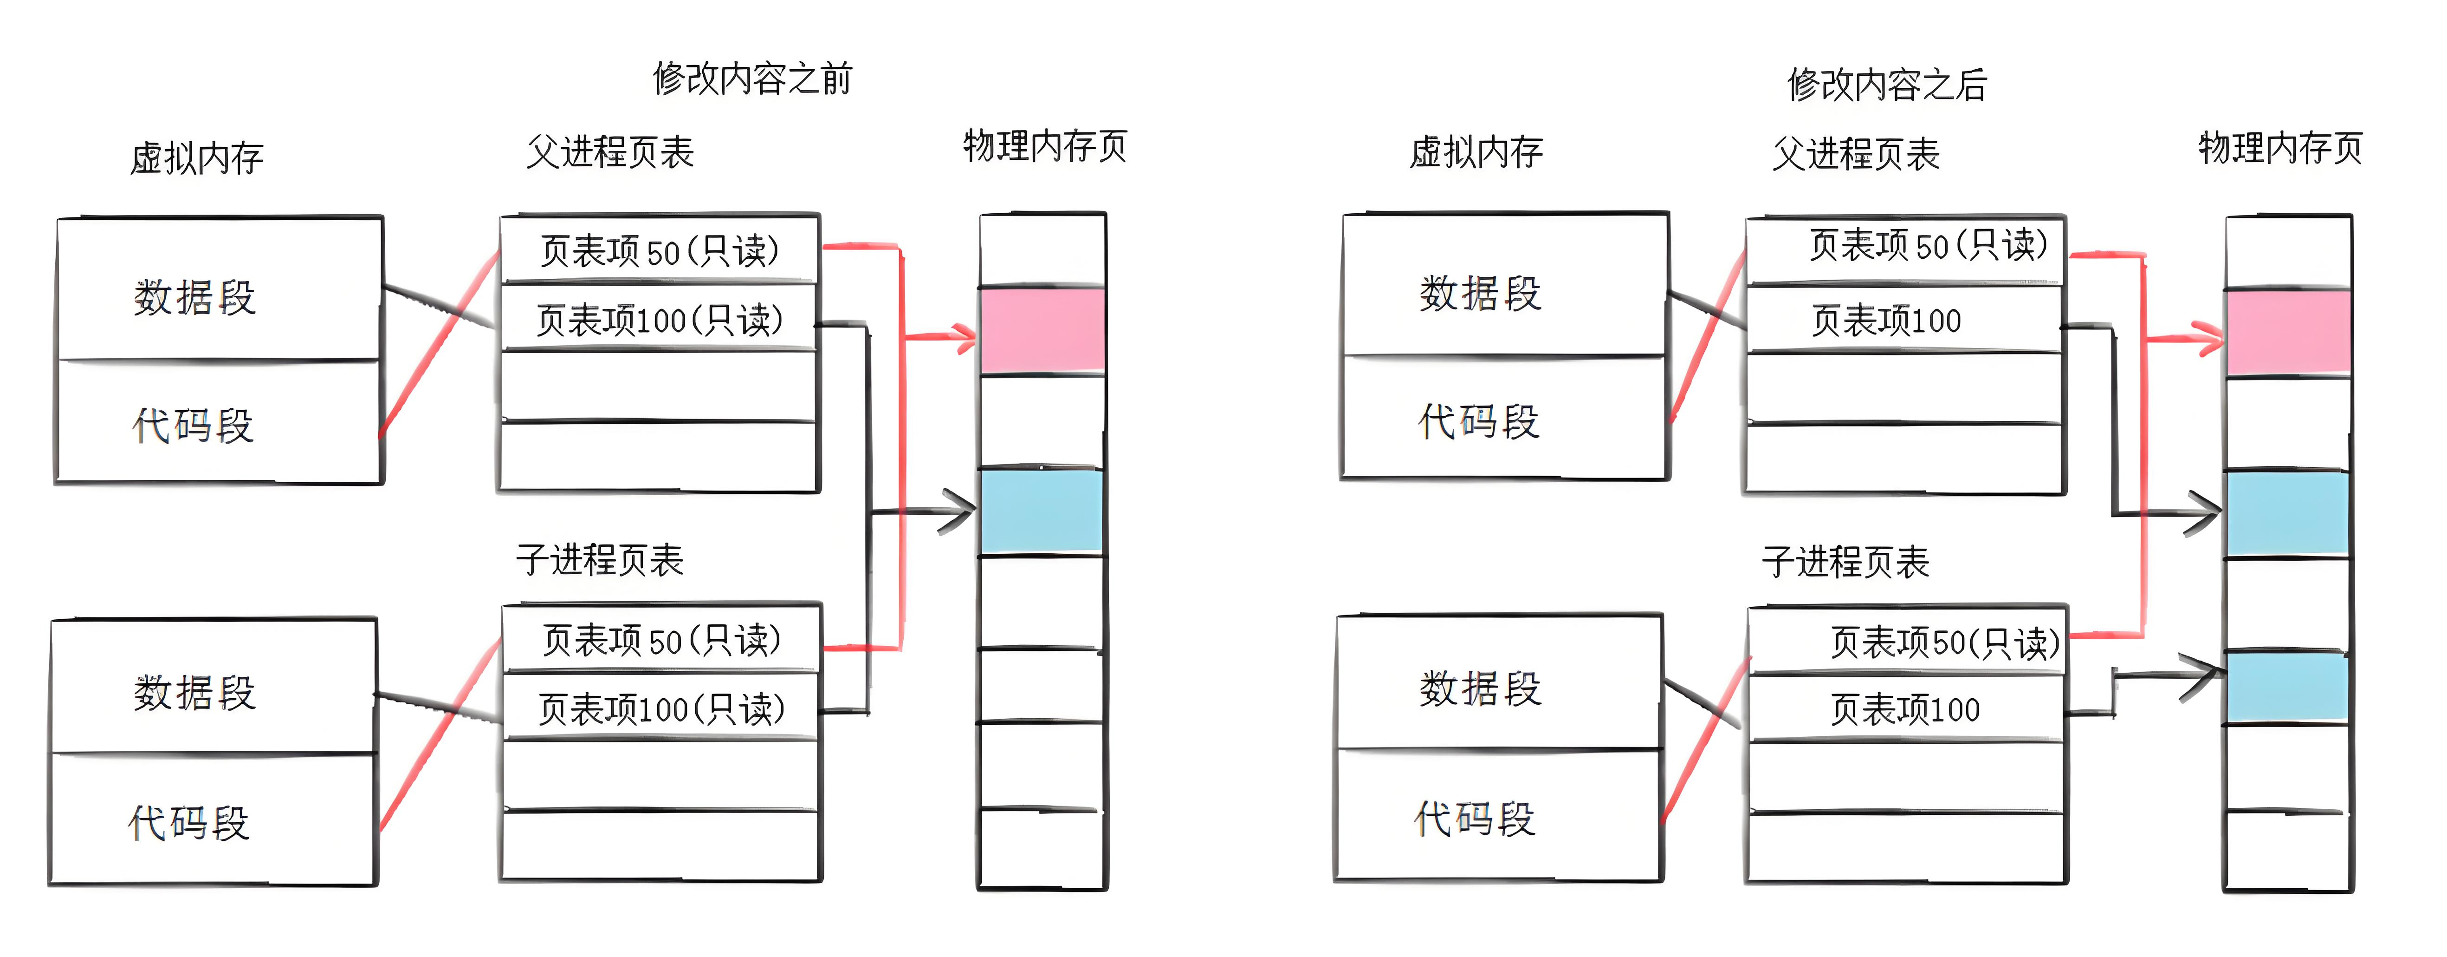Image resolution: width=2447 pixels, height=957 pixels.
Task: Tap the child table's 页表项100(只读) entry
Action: coord(661,708)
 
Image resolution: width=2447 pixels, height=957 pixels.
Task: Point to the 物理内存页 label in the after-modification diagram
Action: coord(2280,148)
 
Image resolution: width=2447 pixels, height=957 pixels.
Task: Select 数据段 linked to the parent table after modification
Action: coord(1480,294)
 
